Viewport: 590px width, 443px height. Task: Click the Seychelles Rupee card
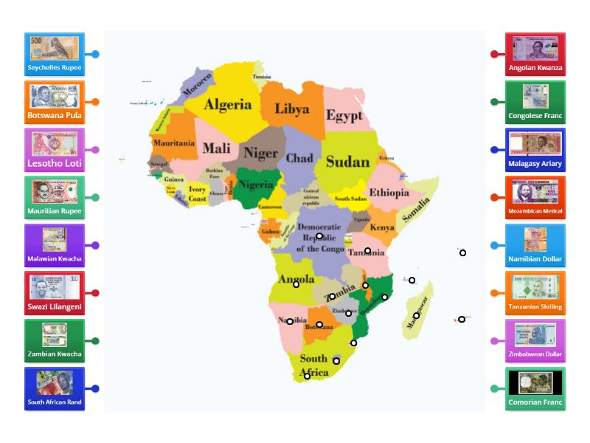pyautogui.click(x=54, y=54)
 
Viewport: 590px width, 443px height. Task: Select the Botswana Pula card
pyautogui.click(x=54, y=102)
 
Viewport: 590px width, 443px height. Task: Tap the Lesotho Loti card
pyautogui.click(x=54, y=149)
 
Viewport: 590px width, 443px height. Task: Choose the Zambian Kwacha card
pyautogui.click(x=54, y=340)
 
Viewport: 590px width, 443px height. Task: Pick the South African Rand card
pyautogui.click(x=54, y=388)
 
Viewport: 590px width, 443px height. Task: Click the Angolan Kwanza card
pyautogui.click(x=535, y=54)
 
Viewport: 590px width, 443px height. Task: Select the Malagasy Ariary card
pyautogui.click(x=535, y=149)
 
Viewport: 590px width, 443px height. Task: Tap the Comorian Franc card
pyautogui.click(x=535, y=388)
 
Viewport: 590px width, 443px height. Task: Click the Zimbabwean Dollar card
pyautogui.click(x=535, y=340)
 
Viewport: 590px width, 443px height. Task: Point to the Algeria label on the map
pyautogui.click(x=228, y=105)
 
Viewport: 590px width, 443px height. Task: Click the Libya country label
pyautogui.click(x=292, y=109)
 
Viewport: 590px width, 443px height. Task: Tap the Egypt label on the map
pyautogui.click(x=344, y=116)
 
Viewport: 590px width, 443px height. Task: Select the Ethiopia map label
pyautogui.click(x=389, y=193)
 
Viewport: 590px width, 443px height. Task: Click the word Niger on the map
pyautogui.click(x=261, y=154)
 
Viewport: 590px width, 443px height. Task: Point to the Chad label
pyautogui.click(x=299, y=158)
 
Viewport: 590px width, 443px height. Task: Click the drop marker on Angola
pyautogui.click(x=296, y=284)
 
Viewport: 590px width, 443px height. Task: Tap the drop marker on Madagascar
pyautogui.click(x=417, y=315)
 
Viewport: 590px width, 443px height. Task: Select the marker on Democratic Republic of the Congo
pyautogui.click(x=319, y=236)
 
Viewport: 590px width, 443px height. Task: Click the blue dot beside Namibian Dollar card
pyautogui.click(x=493, y=245)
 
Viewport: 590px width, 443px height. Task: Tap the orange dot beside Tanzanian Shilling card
pyautogui.click(x=493, y=293)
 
